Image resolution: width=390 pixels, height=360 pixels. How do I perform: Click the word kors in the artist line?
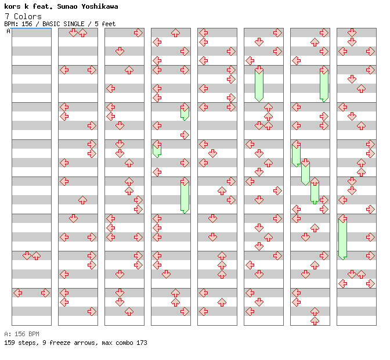click(13, 6)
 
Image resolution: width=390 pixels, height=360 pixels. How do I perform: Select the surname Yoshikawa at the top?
click(98, 6)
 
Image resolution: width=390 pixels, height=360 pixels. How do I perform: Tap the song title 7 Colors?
click(23, 16)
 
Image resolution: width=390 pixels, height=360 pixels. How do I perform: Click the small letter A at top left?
click(8, 31)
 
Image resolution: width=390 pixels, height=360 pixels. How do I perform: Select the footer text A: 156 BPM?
click(21, 334)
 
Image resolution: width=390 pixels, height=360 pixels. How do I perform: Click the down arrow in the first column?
click(27, 255)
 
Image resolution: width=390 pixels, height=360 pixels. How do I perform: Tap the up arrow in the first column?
click(36, 255)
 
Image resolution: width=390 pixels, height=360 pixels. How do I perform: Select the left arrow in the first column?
click(17, 293)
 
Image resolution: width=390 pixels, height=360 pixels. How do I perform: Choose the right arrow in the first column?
click(45, 293)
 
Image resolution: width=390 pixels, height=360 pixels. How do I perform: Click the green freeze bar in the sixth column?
click(259, 84)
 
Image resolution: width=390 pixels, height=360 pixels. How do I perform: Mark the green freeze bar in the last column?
click(342, 237)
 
